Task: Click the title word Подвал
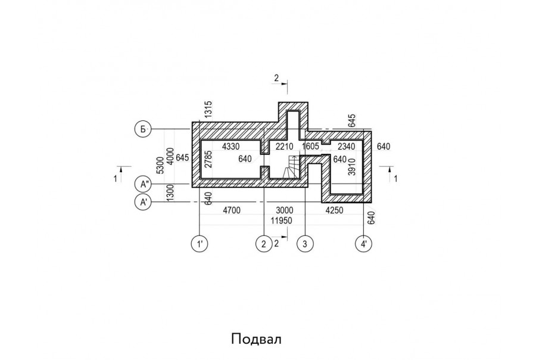tap(255, 339)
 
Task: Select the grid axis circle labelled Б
tap(143, 129)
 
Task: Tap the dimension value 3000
tap(283, 210)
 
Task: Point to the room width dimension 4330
tap(230, 146)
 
